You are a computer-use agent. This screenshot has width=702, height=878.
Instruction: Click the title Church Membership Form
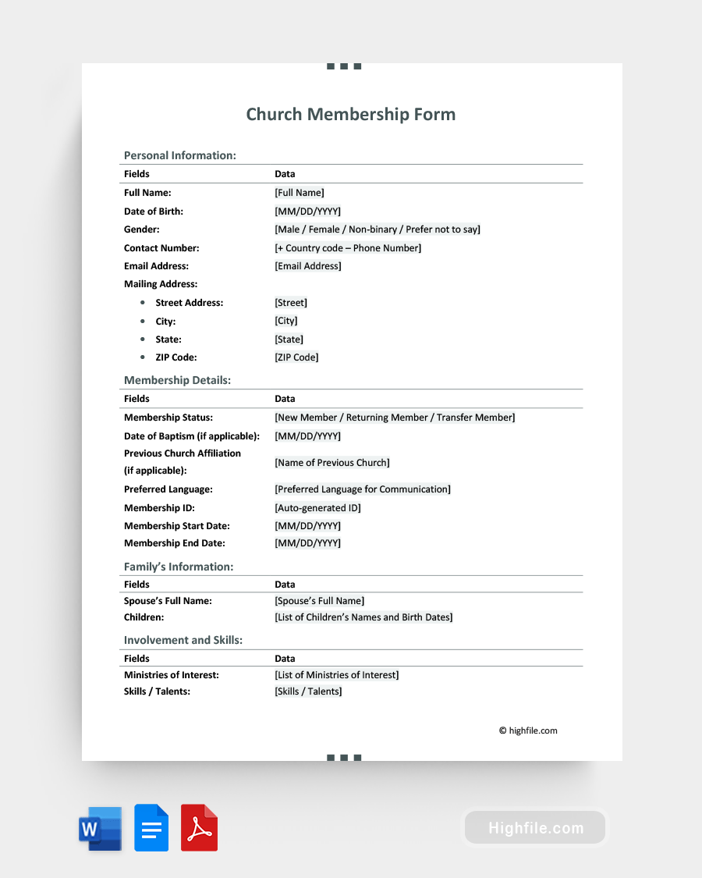click(351, 115)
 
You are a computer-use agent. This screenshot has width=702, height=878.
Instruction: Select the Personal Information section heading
click(179, 155)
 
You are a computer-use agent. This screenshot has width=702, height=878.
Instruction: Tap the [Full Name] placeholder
click(299, 193)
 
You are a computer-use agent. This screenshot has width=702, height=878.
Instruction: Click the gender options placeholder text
click(377, 229)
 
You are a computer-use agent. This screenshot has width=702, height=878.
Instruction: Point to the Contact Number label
click(161, 248)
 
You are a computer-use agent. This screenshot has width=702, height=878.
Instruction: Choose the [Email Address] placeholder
click(307, 266)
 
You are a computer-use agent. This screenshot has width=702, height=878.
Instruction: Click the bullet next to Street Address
click(142, 303)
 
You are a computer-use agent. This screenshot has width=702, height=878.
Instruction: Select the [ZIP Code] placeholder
click(296, 357)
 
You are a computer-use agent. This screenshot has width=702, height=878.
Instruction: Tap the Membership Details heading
click(177, 380)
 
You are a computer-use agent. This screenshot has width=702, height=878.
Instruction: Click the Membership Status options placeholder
click(395, 418)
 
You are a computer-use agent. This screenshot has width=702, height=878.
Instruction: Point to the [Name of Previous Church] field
click(331, 463)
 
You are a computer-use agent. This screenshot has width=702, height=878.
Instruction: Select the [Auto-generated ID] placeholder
click(317, 508)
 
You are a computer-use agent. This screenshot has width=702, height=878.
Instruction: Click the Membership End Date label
click(174, 543)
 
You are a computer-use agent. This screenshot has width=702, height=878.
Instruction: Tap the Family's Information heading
click(179, 567)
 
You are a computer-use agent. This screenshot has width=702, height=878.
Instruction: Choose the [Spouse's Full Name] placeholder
click(319, 601)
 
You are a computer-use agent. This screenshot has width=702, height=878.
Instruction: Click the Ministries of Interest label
click(171, 675)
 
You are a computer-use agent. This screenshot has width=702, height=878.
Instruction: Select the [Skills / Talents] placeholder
click(308, 691)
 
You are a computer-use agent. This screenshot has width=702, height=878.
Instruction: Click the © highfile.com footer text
click(528, 731)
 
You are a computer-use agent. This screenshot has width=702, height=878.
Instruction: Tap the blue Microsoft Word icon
click(100, 828)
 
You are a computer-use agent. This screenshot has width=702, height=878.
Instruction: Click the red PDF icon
click(199, 828)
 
